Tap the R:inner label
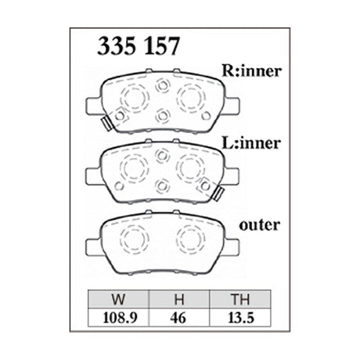[x=250, y=73]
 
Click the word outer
[x=259, y=225]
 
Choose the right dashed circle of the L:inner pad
[x=190, y=167]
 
